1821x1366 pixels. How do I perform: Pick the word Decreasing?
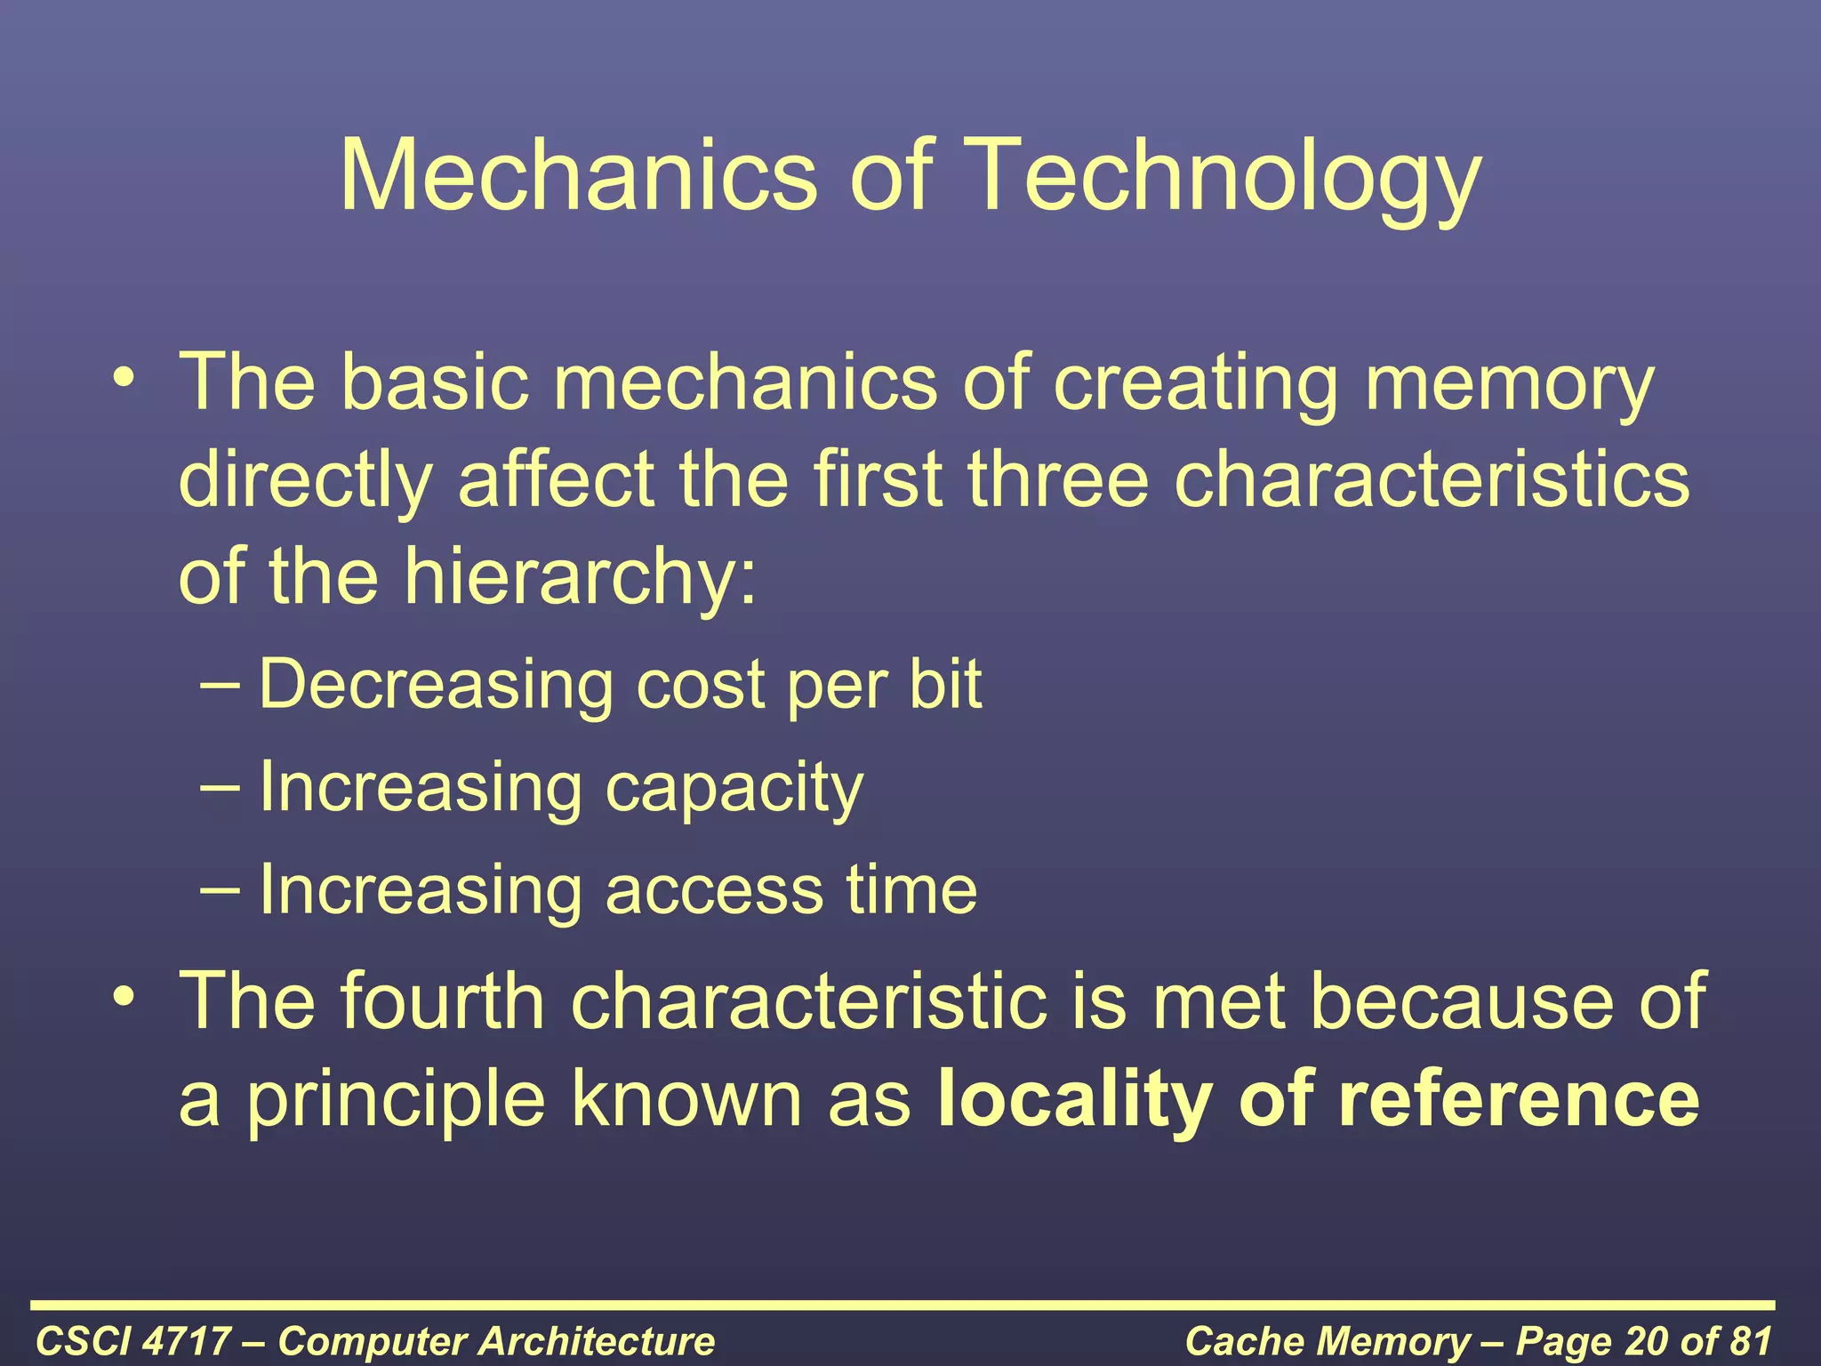coord(436,686)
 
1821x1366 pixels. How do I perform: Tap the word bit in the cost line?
coord(945,684)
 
